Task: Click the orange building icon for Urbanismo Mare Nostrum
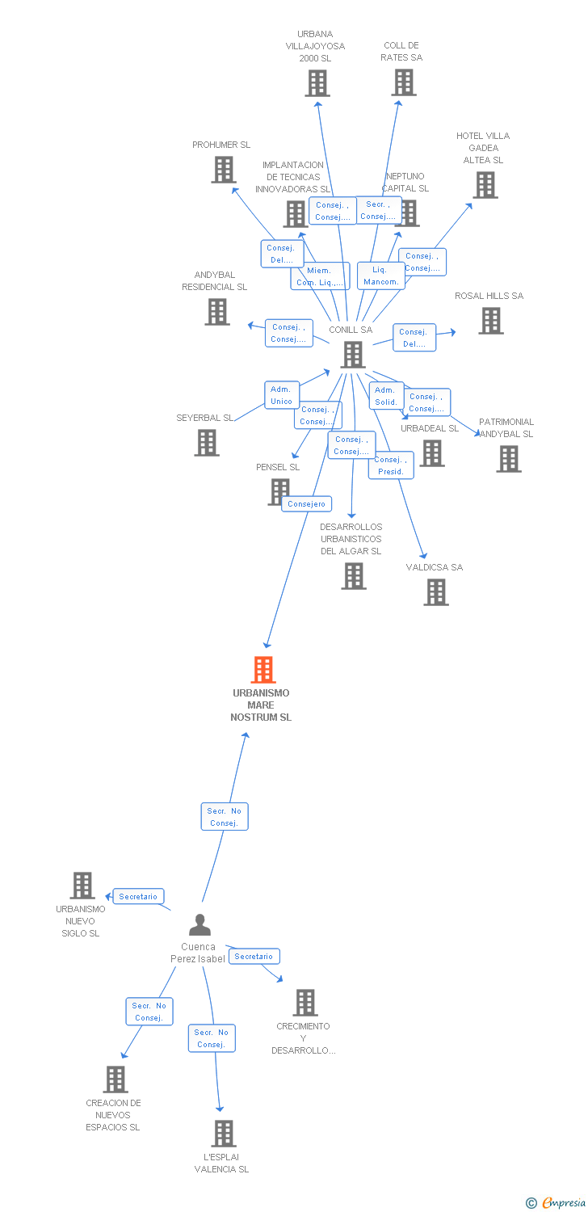click(263, 670)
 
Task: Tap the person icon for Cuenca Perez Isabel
click(199, 924)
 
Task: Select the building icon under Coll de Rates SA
click(404, 82)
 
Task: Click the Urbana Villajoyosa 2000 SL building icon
click(317, 82)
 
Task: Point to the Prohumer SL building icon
click(223, 170)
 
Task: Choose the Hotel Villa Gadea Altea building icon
click(485, 185)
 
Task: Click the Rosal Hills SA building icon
click(490, 321)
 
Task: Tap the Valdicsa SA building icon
click(436, 592)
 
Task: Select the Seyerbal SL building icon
click(207, 443)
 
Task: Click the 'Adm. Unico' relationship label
click(281, 395)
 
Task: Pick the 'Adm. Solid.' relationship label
click(386, 396)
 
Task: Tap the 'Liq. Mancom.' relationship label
click(380, 276)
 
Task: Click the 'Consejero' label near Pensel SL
click(306, 504)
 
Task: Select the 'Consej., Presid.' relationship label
click(391, 465)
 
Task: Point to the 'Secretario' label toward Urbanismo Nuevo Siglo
click(138, 896)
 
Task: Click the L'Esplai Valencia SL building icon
click(224, 1134)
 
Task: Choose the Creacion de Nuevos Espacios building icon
click(115, 1079)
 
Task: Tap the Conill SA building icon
click(352, 355)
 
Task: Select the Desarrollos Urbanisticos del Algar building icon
click(353, 576)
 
